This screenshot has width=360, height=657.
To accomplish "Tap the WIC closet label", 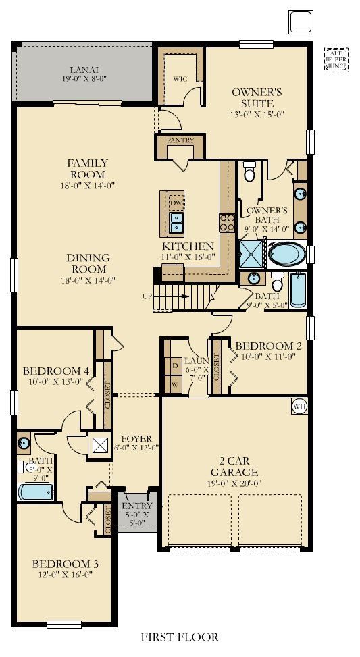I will (x=180, y=78).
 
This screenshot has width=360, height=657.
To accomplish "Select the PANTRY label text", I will (x=180, y=140).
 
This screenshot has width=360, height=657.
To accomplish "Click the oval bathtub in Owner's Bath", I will (x=287, y=255).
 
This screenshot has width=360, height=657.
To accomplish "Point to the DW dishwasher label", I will (x=176, y=203).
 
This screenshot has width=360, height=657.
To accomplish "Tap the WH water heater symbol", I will (x=300, y=406).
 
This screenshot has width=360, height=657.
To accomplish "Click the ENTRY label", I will (x=138, y=505).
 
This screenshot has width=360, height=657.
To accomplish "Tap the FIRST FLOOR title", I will (x=180, y=637).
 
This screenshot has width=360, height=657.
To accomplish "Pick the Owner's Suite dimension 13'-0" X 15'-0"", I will (x=253, y=114).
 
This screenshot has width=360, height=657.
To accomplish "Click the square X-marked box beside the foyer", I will (x=100, y=445).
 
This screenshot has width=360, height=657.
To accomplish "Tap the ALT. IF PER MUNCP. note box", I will (x=335, y=59).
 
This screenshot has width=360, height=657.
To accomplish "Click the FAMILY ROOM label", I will (x=87, y=168).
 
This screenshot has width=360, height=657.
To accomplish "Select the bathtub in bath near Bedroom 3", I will (x=35, y=491).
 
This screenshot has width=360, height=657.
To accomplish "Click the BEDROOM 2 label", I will (x=267, y=346).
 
